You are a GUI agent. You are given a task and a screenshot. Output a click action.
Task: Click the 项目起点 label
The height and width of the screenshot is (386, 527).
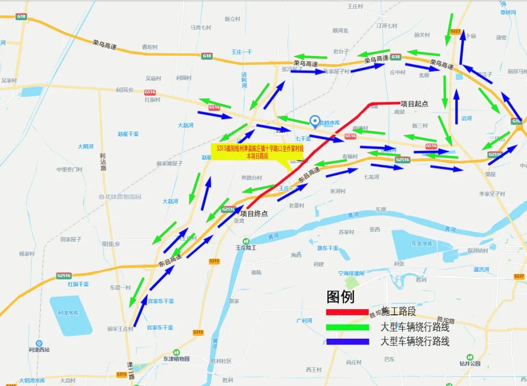[x=414, y=104]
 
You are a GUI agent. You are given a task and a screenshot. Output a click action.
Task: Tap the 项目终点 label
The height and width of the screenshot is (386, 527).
[x=254, y=213]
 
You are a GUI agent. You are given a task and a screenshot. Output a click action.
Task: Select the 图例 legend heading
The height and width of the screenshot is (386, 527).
[x=341, y=297]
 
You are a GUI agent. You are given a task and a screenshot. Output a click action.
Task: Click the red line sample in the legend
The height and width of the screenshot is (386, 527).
[x=347, y=312]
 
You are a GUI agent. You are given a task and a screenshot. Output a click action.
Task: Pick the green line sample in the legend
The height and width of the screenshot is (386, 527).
[x=347, y=327]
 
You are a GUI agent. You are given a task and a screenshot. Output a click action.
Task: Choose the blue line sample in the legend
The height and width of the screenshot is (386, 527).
[x=347, y=342]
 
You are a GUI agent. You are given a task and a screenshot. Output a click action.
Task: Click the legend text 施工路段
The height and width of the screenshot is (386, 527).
[x=399, y=312]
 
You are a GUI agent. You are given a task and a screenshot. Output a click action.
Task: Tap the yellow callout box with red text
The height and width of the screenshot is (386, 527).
[x=257, y=151]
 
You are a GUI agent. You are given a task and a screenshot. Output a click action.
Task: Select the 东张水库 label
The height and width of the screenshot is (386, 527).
[x=422, y=244]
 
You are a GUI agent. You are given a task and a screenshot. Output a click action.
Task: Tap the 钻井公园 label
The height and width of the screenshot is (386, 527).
[x=469, y=364]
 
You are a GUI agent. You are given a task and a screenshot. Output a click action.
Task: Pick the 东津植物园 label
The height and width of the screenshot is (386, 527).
[x=176, y=359]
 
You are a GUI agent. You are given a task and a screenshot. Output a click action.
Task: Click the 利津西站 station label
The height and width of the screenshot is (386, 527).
[x=39, y=349]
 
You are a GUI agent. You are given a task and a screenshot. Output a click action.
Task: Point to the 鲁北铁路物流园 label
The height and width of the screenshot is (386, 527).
[x=120, y=197]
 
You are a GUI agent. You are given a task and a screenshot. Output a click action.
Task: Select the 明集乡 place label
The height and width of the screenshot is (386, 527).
[x=111, y=244]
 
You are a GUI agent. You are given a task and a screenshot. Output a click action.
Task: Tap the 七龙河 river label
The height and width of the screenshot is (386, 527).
[x=371, y=177]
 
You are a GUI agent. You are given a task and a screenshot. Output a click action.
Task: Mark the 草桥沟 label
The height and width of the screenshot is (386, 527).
[x=508, y=13]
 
